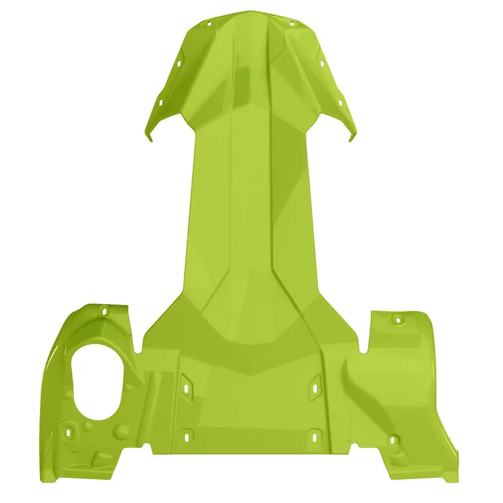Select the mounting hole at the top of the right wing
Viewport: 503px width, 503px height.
coord(398,319)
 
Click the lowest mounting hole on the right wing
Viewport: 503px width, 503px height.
coord(392,440)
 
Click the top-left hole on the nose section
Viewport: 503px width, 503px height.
coord(208,24)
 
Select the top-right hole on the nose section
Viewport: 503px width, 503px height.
coord(291,24)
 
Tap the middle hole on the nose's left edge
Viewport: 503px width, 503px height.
coord(176,64)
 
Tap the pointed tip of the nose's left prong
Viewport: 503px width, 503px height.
coord(151,140)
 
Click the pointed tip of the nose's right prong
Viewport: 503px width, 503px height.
coord(351,140)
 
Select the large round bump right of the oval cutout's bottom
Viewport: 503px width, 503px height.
coord(122,431)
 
